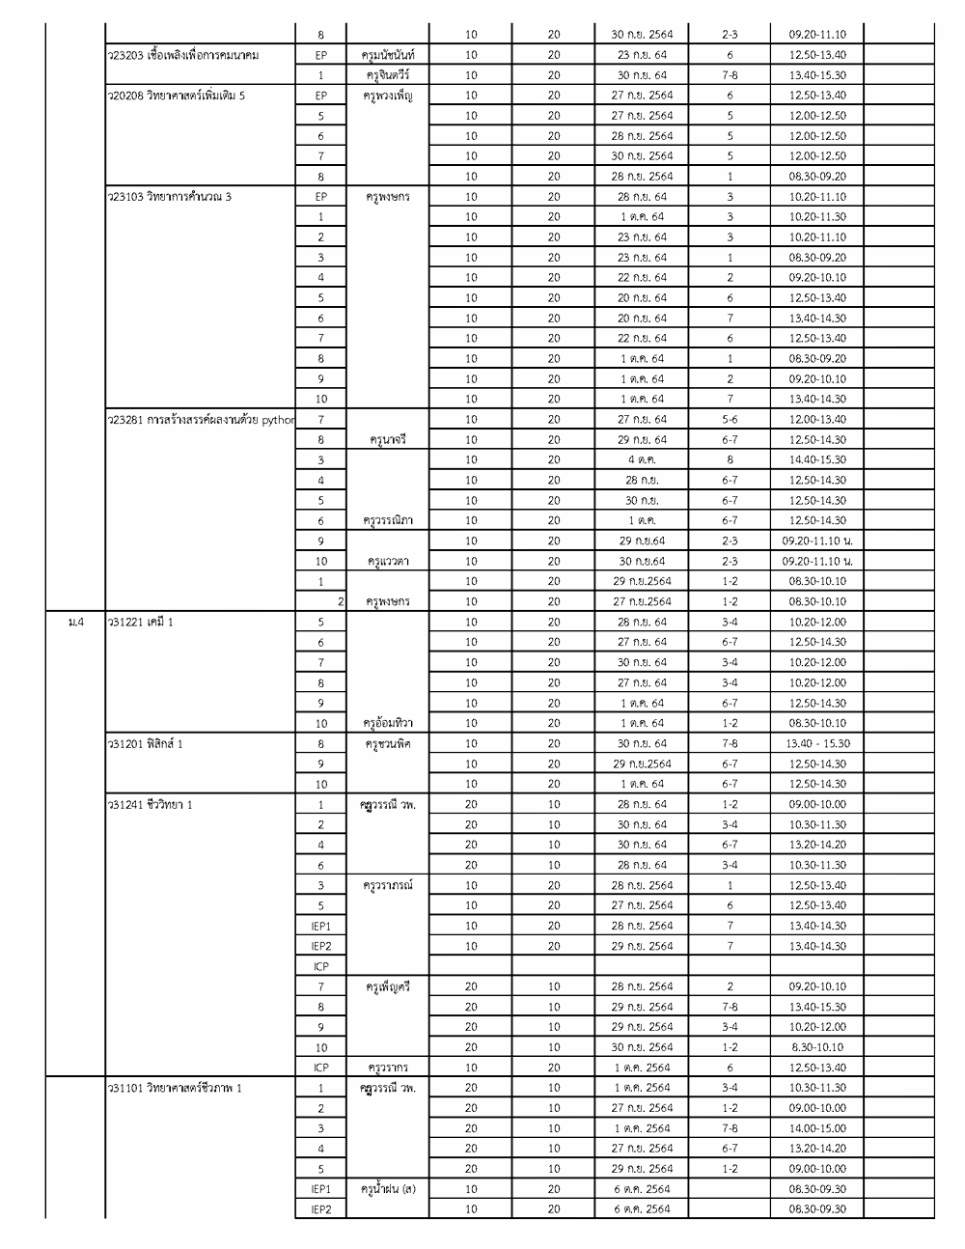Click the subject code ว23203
click(x=125, y=55)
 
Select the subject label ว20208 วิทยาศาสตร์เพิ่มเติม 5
click(x=177, y=96)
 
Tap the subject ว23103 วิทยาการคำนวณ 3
click(x=170, y=197)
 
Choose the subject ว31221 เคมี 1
click(x=141, y=622)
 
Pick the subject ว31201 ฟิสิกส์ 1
click(x=146, y=743)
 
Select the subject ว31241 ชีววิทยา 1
click(x=151, y=804)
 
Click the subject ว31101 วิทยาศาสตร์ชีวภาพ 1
click(x=175, y=1088)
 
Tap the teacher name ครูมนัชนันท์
click(x=389, y=55)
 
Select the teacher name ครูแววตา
click(x=389, y=561)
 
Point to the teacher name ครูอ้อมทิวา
click(x=389, y=723)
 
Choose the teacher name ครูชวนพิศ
click(x=389, y=743)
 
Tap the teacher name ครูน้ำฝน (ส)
click(x=389, y=1189)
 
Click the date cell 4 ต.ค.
click(x=642, y=459)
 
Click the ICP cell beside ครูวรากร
click(x=321, y=1068)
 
